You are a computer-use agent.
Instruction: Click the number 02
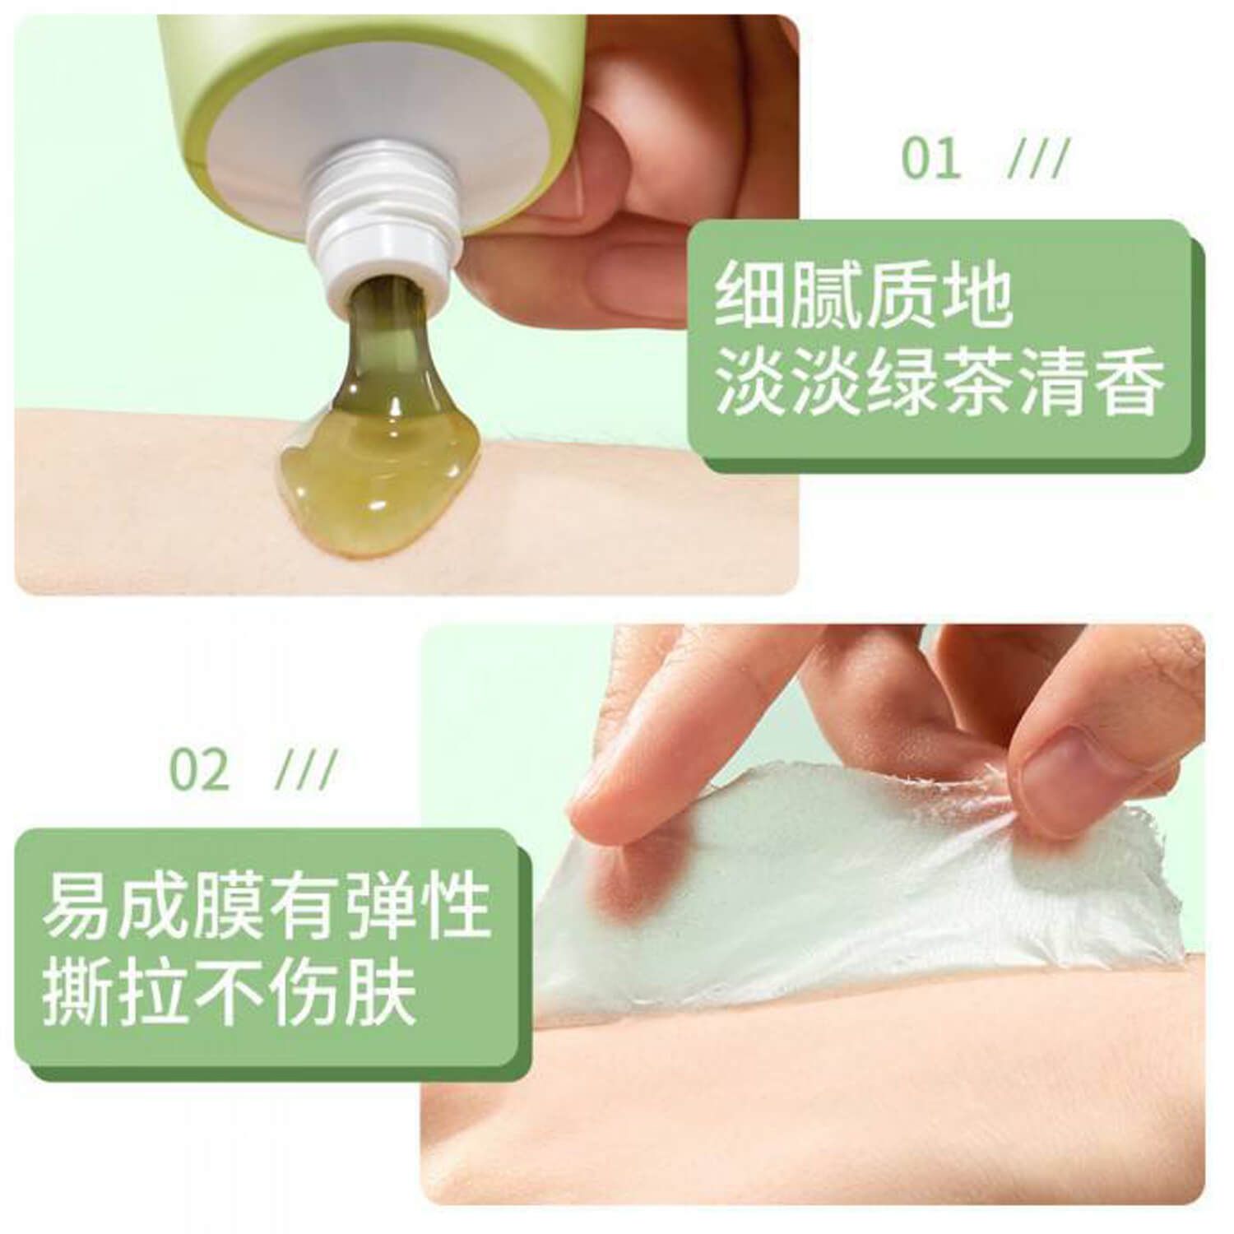pyautogui.click(x=199, y=770)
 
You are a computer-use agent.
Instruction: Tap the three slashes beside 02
pyautogui.click(x=306, y=770)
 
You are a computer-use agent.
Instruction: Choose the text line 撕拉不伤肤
pyautogui.click(x=230, y=995)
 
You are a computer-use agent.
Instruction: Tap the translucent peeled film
pyautogui.click(x=856, y=897)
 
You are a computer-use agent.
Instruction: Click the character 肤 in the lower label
pyautogui.click(x=380, y=995)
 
